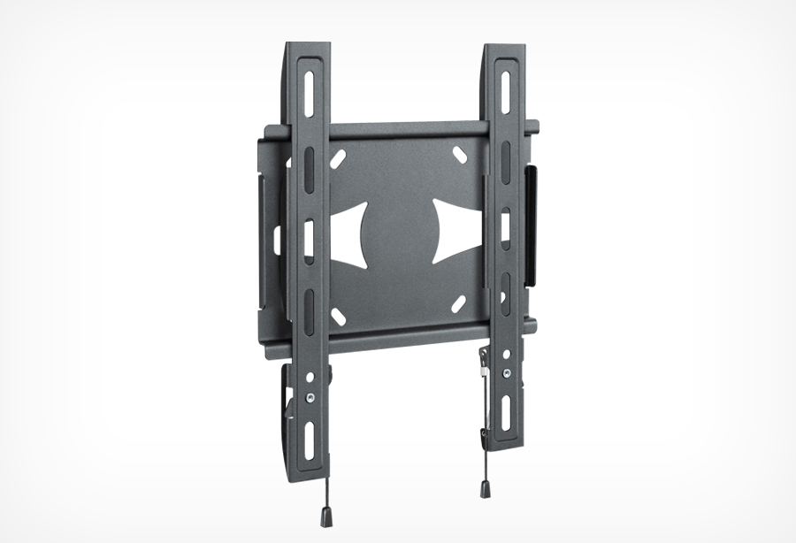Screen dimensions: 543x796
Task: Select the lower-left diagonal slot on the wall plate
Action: pyautogui.click(x=338, y=314)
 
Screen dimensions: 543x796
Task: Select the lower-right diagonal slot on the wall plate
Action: pyautogui.click(x=458, y=302)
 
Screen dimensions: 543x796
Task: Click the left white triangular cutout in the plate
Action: pyautogui.click(x=349, y=233)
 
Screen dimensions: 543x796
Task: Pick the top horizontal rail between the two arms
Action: pyautogui.click(x=407, y=129)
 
